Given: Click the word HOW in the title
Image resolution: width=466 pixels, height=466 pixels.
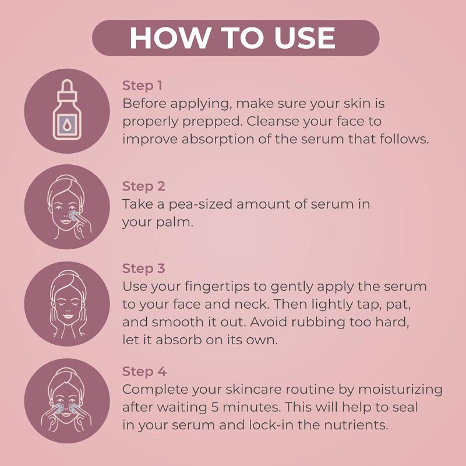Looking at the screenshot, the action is click(x=170, y=38).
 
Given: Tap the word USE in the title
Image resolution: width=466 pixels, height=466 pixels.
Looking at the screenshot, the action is click(x=305, y=38).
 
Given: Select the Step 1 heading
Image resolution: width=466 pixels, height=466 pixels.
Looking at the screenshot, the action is click(x=142, y=86).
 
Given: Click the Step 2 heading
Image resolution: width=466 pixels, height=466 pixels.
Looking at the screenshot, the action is click(x=143, y=186).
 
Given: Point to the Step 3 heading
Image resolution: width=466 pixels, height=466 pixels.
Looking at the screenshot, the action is click(x=143, y=269).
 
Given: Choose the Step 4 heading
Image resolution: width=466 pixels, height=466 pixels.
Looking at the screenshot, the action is click(x=144, y=372).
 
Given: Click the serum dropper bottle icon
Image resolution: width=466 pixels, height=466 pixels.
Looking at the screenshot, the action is click(x=67, y=110).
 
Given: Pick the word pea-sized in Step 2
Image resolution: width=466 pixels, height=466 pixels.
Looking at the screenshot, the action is click(x=200, y=205).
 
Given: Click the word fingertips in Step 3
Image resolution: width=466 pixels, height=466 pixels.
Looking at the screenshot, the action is click(x=217, y=287).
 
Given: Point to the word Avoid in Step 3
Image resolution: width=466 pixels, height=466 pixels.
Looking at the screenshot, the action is click(x=269, y=322).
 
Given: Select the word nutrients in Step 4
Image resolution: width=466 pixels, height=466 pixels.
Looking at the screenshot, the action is click(x=356, y=425).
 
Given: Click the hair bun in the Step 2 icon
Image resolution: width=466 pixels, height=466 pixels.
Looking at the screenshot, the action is click(x=64, y=178).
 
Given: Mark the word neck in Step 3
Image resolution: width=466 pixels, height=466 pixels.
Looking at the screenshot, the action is click(x=250, y=304).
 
